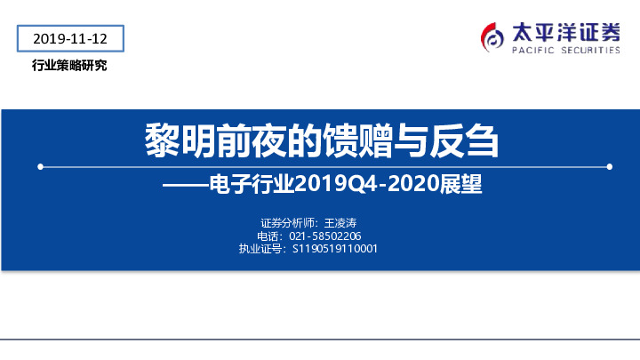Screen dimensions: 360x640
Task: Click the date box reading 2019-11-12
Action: (69, 39)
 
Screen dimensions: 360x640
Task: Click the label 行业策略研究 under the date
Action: (69, 66)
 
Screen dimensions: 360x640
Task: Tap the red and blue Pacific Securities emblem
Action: (492, 37)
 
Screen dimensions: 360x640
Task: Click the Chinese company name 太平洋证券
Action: (565, 32)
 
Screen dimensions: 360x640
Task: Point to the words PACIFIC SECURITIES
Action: (565, 51)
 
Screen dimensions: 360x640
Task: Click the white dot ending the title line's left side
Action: (39, 166)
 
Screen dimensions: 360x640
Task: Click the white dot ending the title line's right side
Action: (609, 166)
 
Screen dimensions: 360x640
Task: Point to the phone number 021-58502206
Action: (326, 236)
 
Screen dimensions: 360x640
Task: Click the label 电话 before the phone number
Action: (268, 236)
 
